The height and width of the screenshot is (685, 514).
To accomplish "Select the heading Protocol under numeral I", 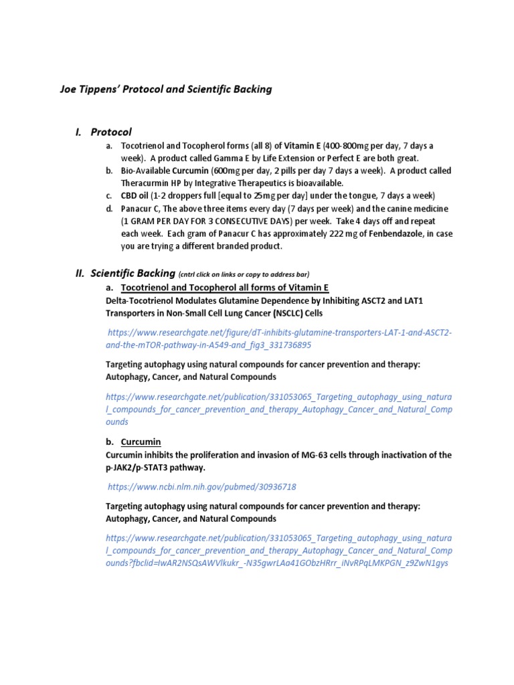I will click(111, 132).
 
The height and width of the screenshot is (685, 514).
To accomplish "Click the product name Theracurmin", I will click(147, 183).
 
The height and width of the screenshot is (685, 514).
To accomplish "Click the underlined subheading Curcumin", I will click(141, 442).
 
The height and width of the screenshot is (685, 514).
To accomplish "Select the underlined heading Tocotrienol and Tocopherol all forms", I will click(225, 288).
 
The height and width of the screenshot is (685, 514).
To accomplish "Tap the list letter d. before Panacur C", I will click(109, 208).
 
